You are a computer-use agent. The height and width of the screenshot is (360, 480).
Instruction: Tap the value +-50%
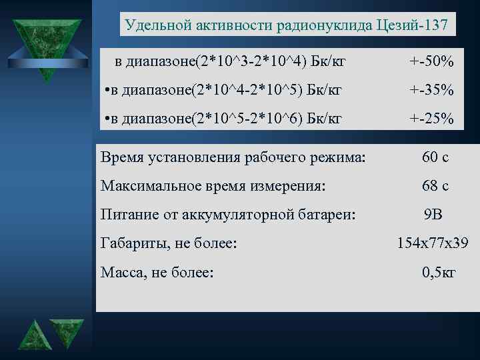431,63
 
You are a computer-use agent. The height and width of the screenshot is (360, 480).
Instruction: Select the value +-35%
431,90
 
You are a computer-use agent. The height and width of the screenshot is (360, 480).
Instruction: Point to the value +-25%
431,119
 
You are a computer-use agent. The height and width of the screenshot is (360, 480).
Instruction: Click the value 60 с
435,158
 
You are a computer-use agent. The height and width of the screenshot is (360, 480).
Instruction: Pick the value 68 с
435,186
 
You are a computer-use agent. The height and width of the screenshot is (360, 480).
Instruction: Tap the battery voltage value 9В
433,215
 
